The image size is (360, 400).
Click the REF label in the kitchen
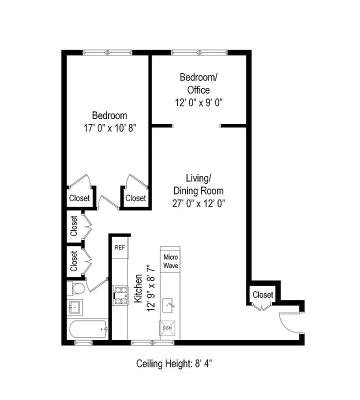[x=119, y=247]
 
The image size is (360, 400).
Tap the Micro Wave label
[x=170, y=261]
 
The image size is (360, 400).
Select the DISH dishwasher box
[x=166, y=328]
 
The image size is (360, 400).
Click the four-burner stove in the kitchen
[x=119, y=295]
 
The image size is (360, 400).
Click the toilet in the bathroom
[x=76, y=289]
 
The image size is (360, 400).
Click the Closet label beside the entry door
[x=262, y=294]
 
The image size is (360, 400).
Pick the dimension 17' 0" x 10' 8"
[x=109, y=128]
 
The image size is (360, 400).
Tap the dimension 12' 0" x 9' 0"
[x=198, y=102]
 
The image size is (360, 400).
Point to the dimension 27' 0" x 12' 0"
[x=198, y=203]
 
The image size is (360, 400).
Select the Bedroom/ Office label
[x=198, y=83]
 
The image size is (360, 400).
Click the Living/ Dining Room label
[x=198, y=184]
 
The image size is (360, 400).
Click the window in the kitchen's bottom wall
[x=152, y=342]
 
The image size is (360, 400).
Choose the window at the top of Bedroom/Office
[x=198, y=52]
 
